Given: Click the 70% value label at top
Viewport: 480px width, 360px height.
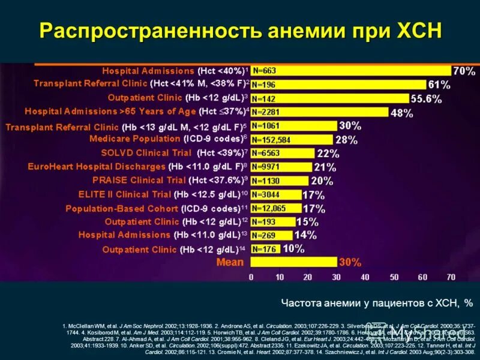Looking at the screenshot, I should [x=463, y=71].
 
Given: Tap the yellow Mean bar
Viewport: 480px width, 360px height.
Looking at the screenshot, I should [x=293, y=262].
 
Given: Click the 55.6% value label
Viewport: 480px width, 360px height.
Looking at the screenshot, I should [x=427, y=98].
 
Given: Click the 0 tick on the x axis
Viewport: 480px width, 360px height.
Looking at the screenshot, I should [x=251, y=277].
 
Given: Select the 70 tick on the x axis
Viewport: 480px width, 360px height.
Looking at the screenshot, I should [x=451, y=277].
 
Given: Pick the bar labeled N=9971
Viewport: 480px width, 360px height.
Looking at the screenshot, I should [x=281, y=167].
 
